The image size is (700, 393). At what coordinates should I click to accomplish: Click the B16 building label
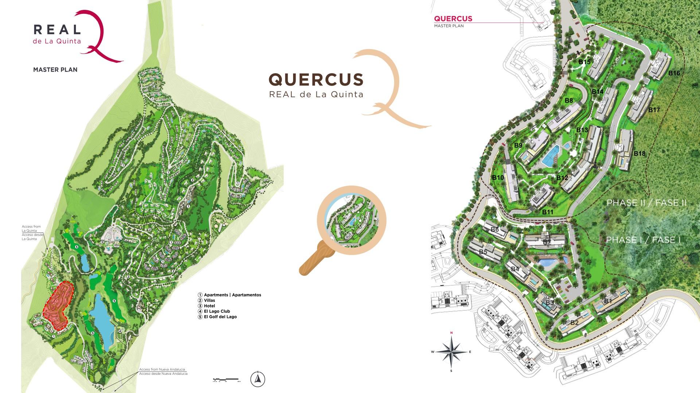674,73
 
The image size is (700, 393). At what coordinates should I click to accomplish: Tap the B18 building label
639,154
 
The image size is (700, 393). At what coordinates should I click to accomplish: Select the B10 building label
498,178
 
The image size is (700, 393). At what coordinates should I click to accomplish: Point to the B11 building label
548,212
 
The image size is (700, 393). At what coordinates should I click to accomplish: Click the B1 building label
608,301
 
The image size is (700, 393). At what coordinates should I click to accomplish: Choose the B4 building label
515,269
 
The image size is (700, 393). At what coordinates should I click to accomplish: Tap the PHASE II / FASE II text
646,203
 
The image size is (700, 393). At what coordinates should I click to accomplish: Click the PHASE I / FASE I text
643,240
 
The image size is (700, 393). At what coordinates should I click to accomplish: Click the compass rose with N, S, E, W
451,352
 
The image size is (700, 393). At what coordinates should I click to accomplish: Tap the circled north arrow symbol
258,380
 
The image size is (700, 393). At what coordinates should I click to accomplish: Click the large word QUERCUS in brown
316,80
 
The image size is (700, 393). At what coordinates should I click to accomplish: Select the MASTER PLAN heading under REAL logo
55,70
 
